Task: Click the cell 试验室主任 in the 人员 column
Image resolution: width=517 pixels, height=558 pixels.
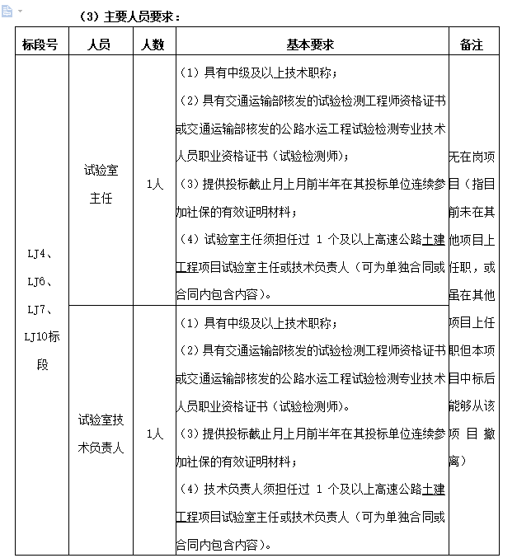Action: point(101,184)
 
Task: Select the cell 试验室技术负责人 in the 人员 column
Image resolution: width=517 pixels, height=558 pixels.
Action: point(101,434)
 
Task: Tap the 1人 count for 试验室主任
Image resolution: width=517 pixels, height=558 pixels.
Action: point(154,185)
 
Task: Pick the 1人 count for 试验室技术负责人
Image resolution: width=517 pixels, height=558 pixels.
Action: point(154,434)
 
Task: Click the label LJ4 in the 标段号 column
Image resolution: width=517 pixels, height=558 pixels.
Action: point(39,254)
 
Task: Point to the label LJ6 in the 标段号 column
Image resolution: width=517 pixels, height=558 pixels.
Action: point(39,282)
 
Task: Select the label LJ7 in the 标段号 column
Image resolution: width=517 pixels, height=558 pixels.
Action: point(39,309)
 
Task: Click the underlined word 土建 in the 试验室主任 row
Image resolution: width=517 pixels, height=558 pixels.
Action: point(434,239)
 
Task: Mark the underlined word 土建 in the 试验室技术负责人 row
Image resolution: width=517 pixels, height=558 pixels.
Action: point(434,489)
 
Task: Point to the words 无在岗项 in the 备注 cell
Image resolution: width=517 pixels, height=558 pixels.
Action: point(472,155)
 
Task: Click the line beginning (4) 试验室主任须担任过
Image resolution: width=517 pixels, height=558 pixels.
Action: point(312,239)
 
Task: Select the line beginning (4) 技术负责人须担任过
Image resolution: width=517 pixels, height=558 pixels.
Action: point(312,489)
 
